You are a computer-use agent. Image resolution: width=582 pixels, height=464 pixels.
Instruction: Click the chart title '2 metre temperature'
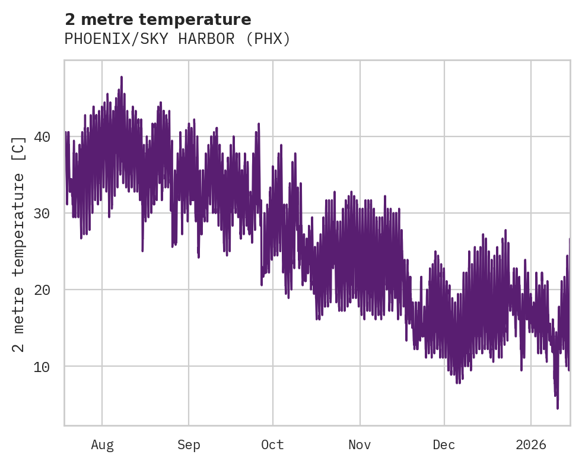pos(158,20)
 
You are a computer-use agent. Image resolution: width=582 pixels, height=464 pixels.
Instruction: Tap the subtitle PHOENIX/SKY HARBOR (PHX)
pos(177,39)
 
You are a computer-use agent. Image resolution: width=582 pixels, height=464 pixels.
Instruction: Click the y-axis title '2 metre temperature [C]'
pos(19,244)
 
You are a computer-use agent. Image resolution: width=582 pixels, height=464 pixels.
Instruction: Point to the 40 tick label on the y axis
pos(42,136)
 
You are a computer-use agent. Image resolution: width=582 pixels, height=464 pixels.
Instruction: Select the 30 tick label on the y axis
pos(42,213)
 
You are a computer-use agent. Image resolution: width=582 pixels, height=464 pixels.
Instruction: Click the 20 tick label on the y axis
pos(42,290)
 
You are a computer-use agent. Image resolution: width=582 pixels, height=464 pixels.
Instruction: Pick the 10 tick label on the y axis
pos(42,366)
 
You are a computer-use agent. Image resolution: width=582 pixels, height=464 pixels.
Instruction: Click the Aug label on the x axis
pos(102,444)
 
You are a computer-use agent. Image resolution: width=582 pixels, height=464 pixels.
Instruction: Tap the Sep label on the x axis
pos(189,444)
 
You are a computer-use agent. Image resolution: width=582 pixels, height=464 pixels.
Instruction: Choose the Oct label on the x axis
pos(273,444)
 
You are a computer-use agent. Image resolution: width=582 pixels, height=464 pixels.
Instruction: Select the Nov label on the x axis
pos(360,444)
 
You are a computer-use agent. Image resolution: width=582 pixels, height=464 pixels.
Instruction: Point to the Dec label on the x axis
pos(444,444)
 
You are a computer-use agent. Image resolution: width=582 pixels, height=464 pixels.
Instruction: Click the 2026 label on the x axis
pos(531,444)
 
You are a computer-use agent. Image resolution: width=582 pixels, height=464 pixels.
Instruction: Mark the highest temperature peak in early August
pos(121,77)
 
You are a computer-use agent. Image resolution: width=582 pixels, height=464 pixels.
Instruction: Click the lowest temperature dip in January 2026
pos(558,408)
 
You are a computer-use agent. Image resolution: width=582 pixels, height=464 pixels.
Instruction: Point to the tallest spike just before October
pos(259,124)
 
